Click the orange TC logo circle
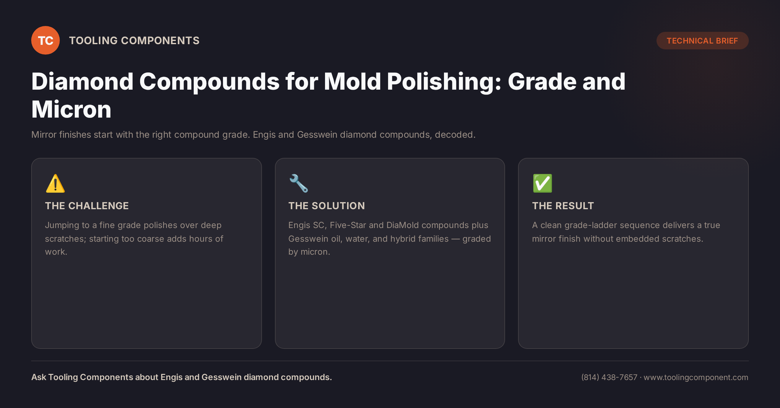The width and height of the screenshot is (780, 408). click(45, 40)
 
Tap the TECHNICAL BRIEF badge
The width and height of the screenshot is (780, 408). click(702, 41)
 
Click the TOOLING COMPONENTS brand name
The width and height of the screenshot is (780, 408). click(134, 41)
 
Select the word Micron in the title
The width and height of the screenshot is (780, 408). click(71, 110)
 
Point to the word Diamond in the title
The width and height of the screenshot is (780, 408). click(82, 81)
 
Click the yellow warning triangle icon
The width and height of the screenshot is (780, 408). click(55, 183)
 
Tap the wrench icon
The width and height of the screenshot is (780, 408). click(299, 183)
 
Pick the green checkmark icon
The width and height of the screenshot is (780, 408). click(542, 183)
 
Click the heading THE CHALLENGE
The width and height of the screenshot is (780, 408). click(87, 206)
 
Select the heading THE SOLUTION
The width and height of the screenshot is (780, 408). click(327, 206)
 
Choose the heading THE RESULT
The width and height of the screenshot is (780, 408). click(563, 206)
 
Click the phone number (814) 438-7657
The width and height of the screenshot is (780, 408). click(609, 377)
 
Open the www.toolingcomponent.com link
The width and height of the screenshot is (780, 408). click(696, 377)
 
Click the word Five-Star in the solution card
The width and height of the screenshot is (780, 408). click(348, 225)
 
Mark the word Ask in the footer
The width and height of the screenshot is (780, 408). click(39, 377)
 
